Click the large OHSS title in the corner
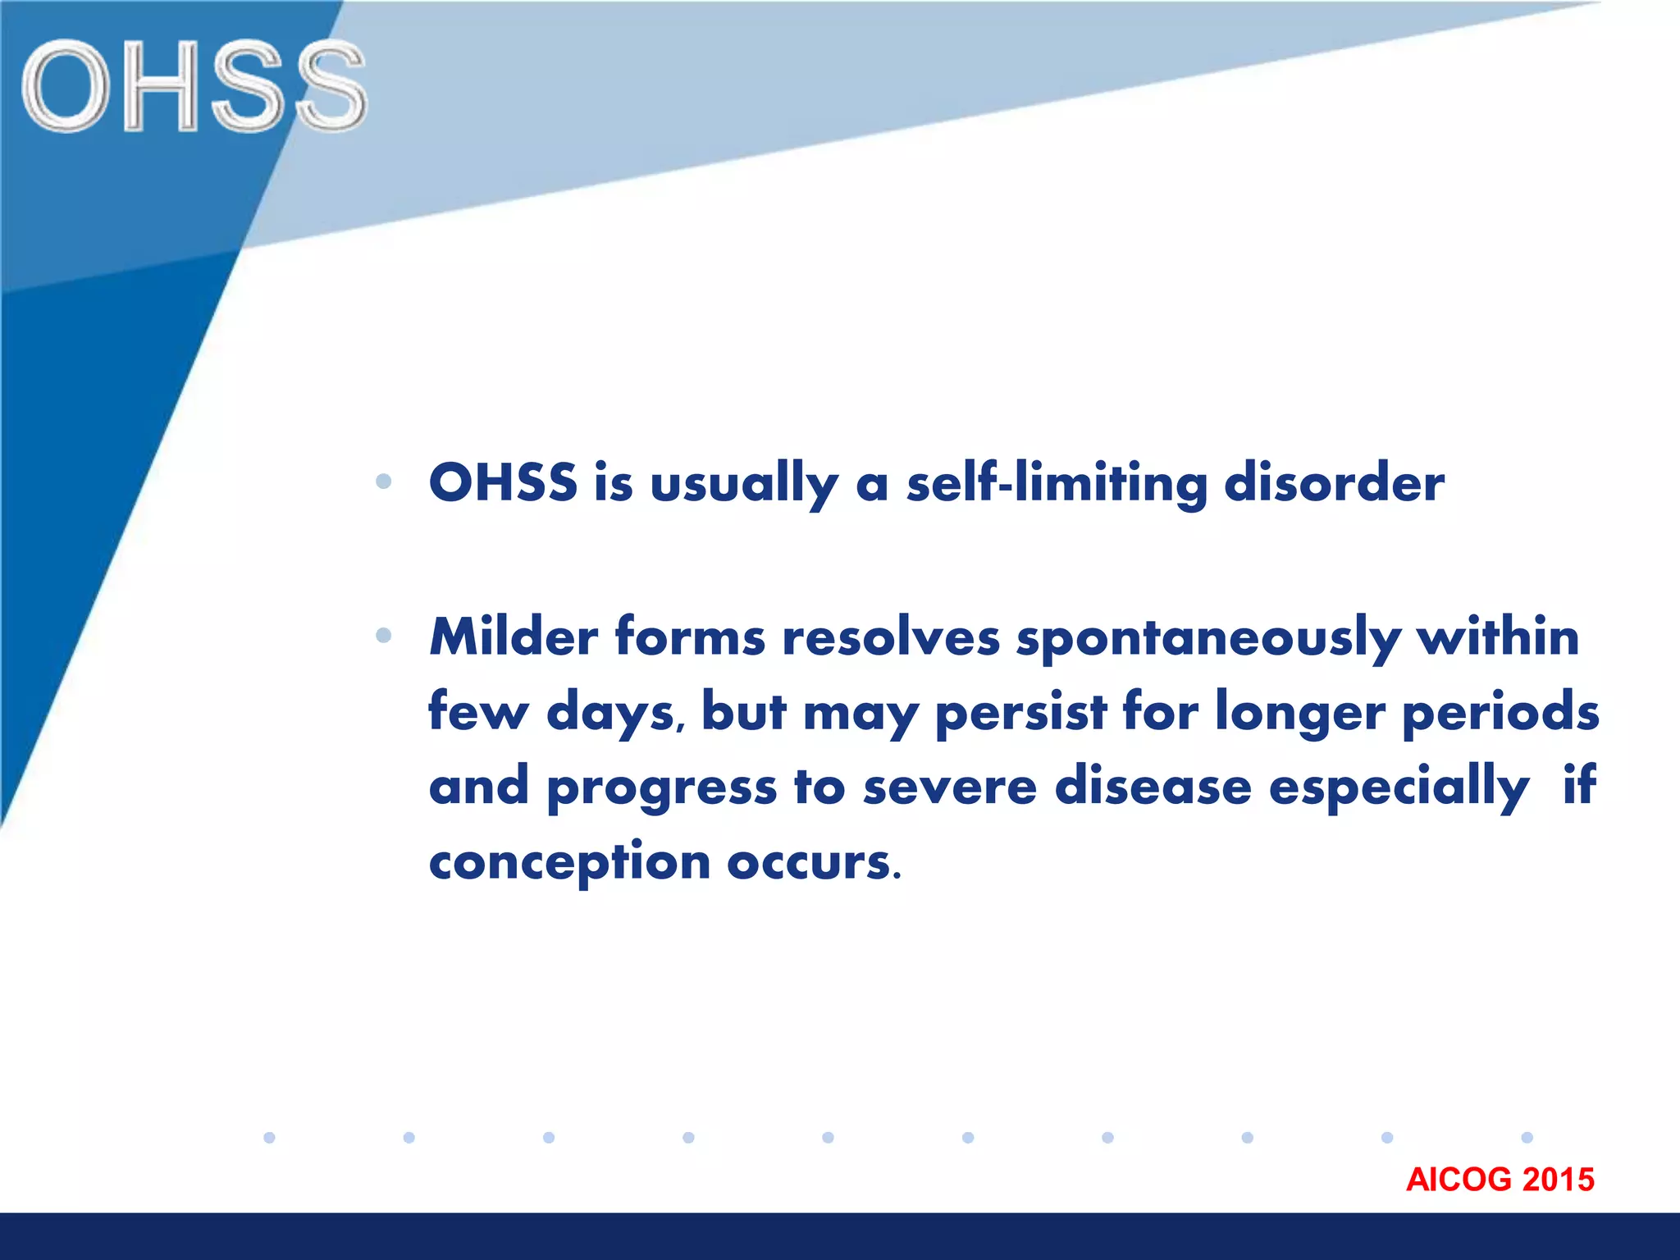pos(194,87)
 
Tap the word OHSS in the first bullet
pos(503,482)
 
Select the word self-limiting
pos(1057,482)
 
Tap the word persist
pos(1020,712)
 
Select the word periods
pos(1500,712)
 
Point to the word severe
pos(950,786)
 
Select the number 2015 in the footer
pos(1558,1180)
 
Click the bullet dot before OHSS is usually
pos(383,482)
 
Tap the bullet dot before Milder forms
pos(383,635)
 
